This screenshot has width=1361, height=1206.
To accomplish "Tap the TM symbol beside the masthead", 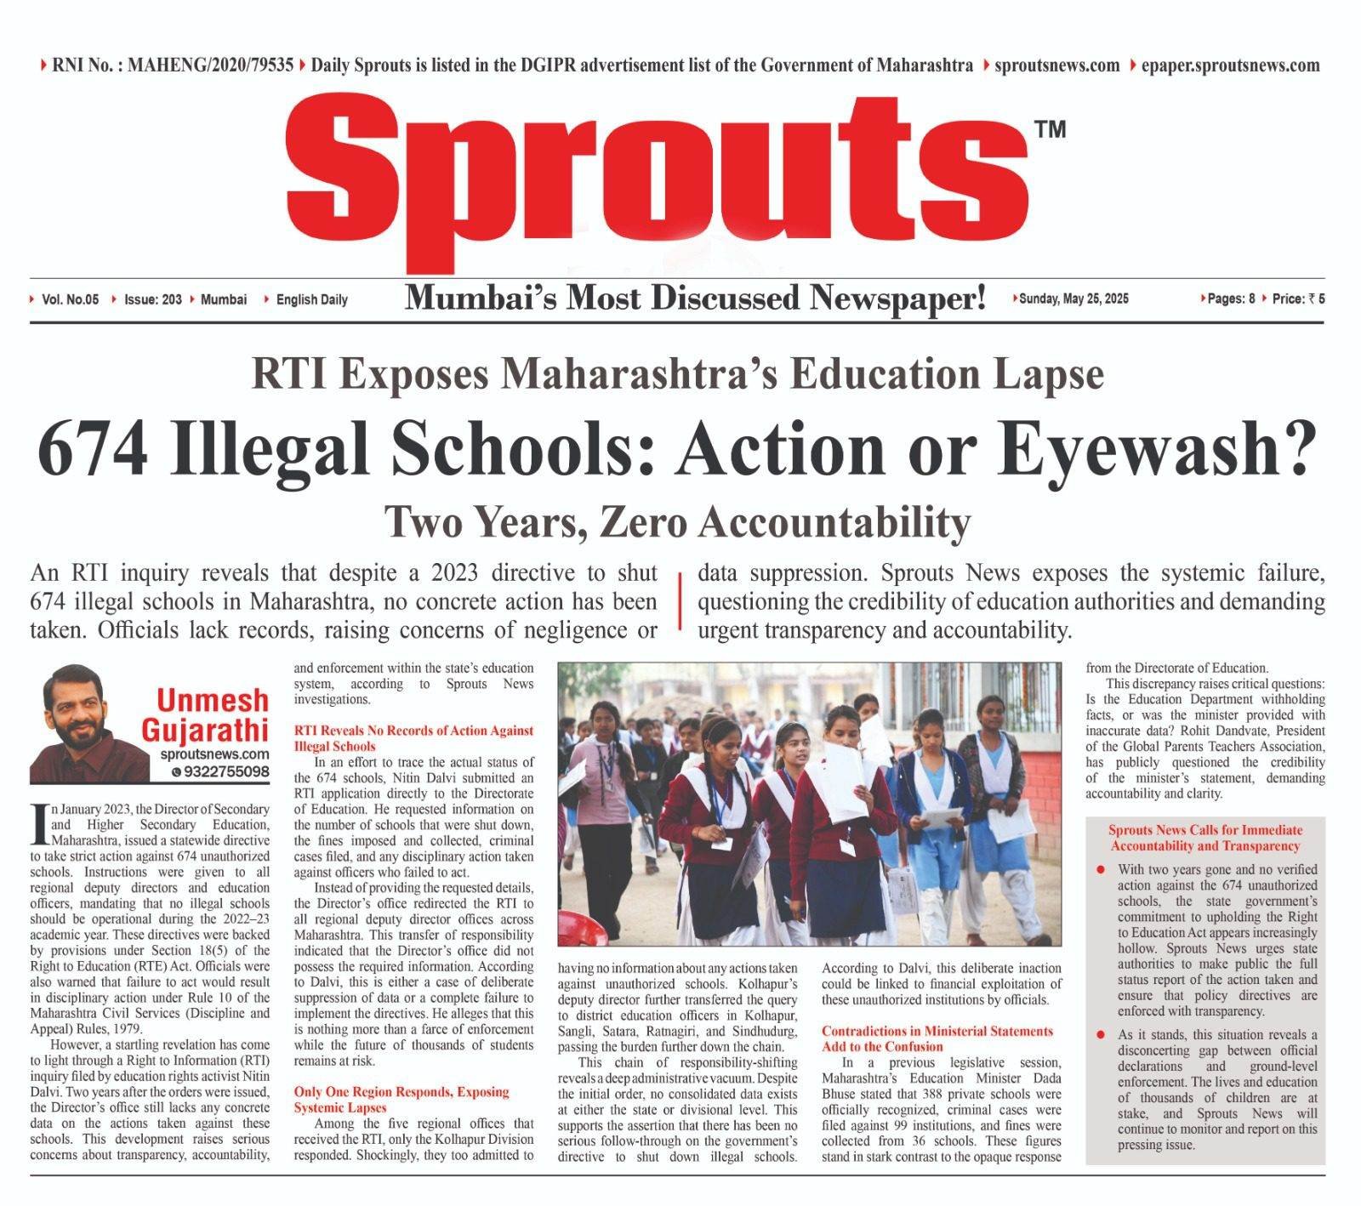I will (x=1049, y=129).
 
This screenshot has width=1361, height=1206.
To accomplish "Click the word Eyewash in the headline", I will (x=1148, y=448).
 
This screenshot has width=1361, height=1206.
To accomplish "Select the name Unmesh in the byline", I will (x=212, y=701).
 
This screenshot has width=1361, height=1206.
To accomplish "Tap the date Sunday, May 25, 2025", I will (x=1073, y=299).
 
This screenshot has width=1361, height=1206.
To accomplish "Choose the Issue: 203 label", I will (x=153, y=299).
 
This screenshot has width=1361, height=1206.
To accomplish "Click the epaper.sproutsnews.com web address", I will (x=1230, y=65).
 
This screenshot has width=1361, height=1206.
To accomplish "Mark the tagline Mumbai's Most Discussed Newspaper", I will (x=695, y=299).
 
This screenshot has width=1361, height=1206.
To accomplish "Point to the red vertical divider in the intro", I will (x=680, y=601).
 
